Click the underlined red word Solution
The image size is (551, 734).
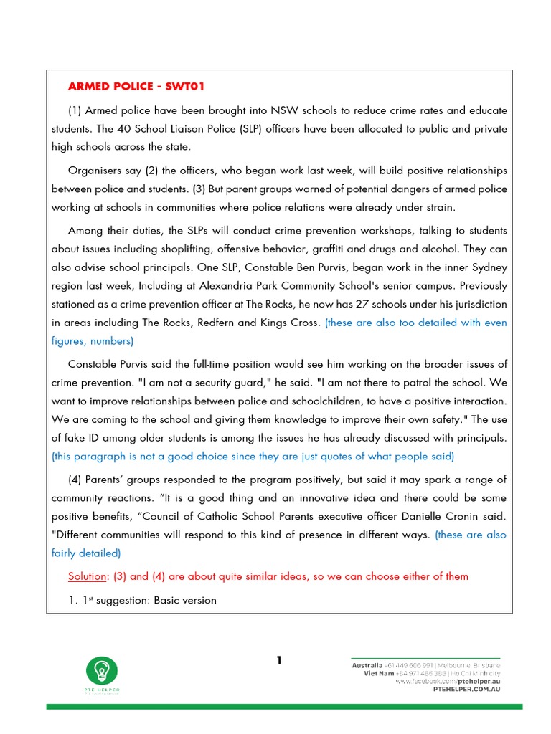88,576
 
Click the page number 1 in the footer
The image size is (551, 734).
279,660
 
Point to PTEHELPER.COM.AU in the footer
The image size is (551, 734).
466,689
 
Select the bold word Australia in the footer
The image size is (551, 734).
367,665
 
